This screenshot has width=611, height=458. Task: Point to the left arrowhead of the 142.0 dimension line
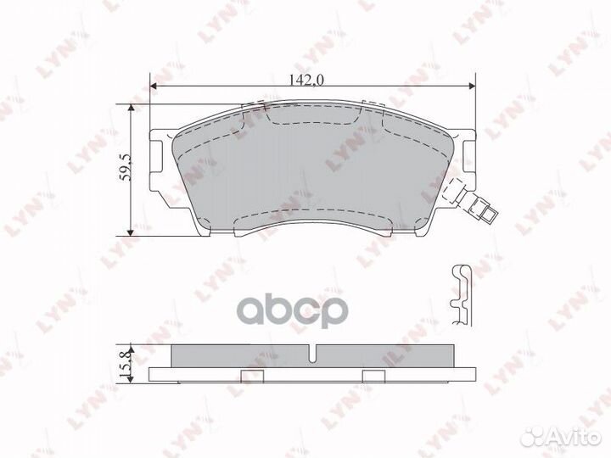154,87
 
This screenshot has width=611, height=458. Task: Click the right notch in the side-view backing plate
372,373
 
